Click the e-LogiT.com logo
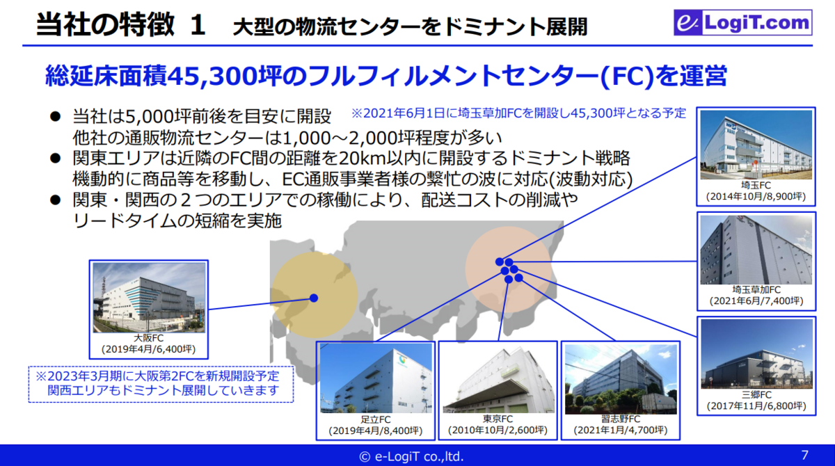pyautogui.click(x=743, y=22)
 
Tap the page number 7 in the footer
pyautogui.click(x=805, y=455)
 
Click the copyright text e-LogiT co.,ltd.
pyautogui.click(x=411, y=456)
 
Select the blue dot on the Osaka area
pyautogui.click(x=314, y=298)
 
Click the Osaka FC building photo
pyautogui.click(x=149, y=298)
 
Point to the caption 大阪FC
pyautogui.click(x=148, y=338)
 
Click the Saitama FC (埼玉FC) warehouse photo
pyautogui.click(x=756, y=145)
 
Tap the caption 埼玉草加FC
pyautogui.click(x=756, y=290)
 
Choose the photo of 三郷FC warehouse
pyautogui.click(x=757, y=354)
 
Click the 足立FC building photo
pyautogui.click(x=376, y=378)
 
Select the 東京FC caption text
pyautogui.click(x=498, y=419)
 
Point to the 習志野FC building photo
pyautogui.click(x=621, y=379)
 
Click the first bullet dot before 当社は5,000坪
pyautogui.click(x=55, y=117)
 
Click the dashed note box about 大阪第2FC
pyautogui.click(x=161, y=384)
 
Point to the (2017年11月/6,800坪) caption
pyautogui.click(x=756, y=405)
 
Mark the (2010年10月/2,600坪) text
pyautogui.click(x=498, y=431)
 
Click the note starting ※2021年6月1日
pyautogui.click(x=518, y=113)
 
